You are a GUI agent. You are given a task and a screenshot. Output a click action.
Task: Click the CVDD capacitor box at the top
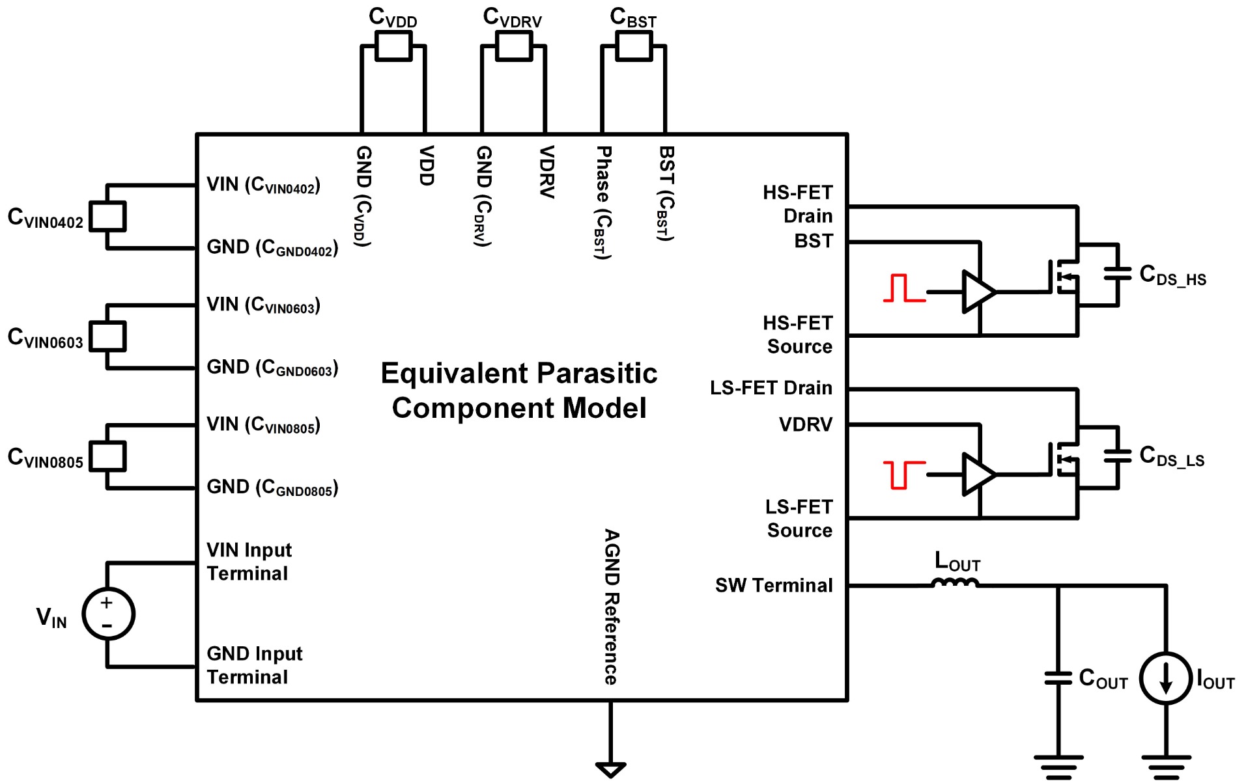[393, 46]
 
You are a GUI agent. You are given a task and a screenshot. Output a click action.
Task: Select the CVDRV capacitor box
[514, 46]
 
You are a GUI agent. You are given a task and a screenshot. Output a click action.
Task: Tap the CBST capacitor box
[634, 46]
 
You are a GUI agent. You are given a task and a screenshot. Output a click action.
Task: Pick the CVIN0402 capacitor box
[107, 217]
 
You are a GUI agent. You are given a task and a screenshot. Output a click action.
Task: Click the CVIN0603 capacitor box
[107, 336]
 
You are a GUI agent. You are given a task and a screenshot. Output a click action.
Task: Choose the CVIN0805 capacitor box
[107, 456]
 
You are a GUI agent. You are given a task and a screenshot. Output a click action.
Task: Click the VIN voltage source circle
[108, 614]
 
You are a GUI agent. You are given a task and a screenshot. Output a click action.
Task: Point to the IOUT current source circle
[1166, 678]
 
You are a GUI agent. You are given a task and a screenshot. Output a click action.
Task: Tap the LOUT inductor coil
[955, 582]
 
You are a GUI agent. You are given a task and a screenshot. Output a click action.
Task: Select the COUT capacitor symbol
[1058, 678]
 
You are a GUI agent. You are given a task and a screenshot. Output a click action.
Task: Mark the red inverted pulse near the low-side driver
[904, 474]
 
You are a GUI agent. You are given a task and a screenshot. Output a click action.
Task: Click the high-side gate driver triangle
[978, 292]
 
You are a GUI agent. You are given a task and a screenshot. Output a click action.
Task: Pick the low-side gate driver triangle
[978, 474]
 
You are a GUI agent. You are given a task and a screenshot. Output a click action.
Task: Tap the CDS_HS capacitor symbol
[1118, 273]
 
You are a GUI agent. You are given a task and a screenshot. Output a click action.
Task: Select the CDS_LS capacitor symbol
[1118, 456]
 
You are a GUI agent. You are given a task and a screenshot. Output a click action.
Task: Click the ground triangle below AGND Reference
[610, 770]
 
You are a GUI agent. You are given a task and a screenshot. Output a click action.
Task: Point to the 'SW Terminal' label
[774, 585]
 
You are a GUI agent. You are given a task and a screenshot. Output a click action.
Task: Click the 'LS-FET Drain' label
[771, 388]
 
